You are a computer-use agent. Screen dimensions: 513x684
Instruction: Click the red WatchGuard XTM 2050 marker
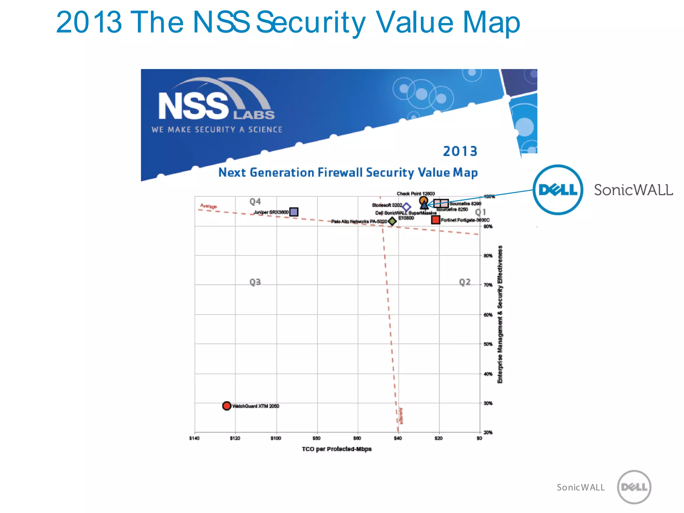pyautogui.click(x=226, y=406)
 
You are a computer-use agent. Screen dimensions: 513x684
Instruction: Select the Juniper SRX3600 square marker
pyautogui.click(x=294, y=212)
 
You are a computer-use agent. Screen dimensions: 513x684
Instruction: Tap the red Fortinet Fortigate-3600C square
pyautogui.click(x=435, y=220)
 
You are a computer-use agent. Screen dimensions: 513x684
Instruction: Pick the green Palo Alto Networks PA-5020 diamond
pyautogui.click(x=392, y=221)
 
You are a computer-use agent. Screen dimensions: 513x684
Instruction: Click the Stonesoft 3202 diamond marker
pyautogui.click(x=406, y=207)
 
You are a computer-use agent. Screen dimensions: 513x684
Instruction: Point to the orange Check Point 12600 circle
pyautogui.click(x=423, y=200)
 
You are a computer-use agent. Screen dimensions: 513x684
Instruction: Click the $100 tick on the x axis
pyautogui.click(x=276, y=438)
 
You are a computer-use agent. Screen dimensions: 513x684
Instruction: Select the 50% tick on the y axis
pyautogui.click(x=488, y=344)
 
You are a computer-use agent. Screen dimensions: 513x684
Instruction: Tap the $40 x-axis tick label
pyautogui.click(x=397, y=438)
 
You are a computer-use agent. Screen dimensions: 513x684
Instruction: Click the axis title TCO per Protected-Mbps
pyautogui.click(x=337, y=449)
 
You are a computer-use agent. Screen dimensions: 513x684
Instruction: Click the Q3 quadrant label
pyautogui.click(x=255, y=282)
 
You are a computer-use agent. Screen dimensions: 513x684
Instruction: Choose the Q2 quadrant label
pyautogui.click(x=465, y=282)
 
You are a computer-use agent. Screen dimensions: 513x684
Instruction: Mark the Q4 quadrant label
pyautogui.click(x=255, y=201)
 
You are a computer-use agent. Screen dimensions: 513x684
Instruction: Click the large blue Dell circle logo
pyautogui.click(x=558, y=190)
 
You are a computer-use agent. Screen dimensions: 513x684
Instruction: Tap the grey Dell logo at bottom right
pyautogui.click(x=634, y=487)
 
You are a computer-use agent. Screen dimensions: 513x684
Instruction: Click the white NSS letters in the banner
pyautogui.click(x=193, y=106)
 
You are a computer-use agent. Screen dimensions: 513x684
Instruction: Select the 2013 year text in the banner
pyautogui.click(x=460, y=151)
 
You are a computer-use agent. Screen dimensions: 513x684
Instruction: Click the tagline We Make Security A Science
pyautogui.click(x=217, y=130)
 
